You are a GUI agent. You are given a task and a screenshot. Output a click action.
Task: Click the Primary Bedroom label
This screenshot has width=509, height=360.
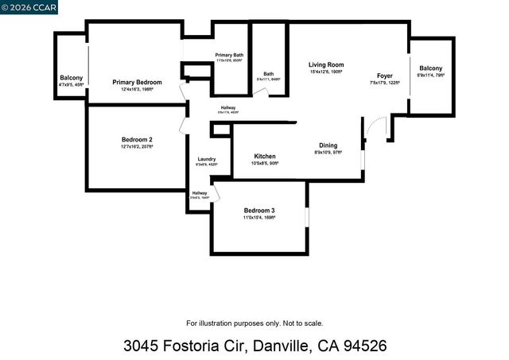[x=137, y=83]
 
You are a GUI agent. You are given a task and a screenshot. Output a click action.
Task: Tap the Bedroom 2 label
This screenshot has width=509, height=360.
[x=137, y=139]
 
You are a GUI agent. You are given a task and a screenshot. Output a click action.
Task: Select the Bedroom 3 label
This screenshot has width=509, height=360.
[x=259, y=210]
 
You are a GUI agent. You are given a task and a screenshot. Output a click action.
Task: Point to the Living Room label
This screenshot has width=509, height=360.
[x=326, y=64]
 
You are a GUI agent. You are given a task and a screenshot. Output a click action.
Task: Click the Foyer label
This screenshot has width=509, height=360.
[x=384, y=76]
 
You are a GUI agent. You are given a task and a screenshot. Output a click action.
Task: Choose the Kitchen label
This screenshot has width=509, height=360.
[x=264, y=156]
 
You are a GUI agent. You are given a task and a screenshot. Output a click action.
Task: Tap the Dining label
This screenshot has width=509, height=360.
[x=328, y=145]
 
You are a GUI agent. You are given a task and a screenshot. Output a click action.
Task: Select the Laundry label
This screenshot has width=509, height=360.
[x=206, y=160]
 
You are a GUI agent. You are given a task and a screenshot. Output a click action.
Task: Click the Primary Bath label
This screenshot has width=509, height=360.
[x=229, y=55]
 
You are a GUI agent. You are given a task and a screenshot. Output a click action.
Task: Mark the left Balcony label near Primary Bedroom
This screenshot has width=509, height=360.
[x=71, y=78]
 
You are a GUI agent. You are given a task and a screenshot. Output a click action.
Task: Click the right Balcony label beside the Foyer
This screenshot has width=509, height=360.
[x=431, y=68]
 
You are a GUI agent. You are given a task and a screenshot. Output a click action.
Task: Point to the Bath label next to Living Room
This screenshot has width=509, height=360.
[x=268, y=74]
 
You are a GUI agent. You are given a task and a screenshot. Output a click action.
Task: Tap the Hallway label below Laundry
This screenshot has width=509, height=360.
[x=199, y=192]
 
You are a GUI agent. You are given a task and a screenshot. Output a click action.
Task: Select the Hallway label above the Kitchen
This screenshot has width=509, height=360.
[x=228, y=107]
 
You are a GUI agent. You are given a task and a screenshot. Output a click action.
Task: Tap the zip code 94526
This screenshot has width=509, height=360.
[x=363, y=346]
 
